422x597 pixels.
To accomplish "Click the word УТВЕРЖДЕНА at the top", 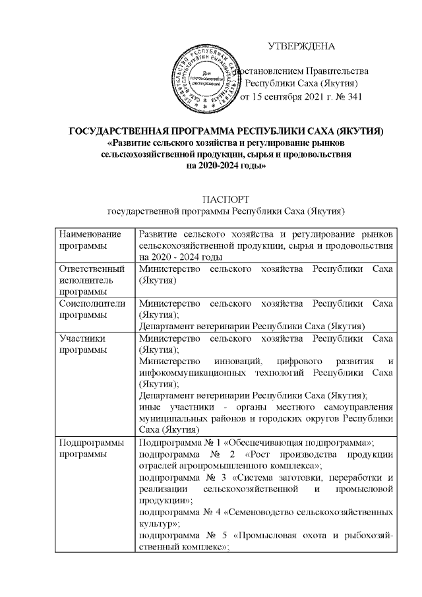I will tap(301, 46).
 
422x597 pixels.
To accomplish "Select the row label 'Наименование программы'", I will tap(90, 240).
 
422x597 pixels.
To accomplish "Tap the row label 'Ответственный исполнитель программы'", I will tap(90, 280).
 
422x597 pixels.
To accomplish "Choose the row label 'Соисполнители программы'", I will tap(90, 309).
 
